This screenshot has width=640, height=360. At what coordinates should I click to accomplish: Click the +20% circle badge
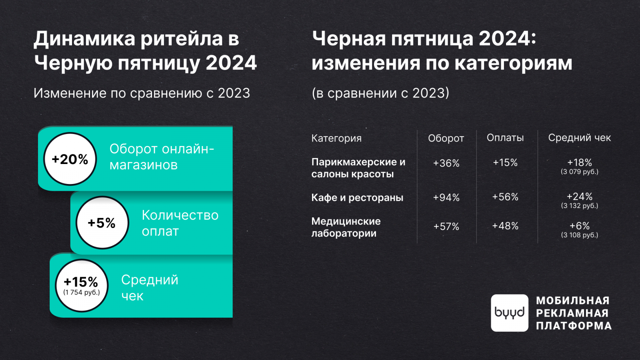click(70, 159)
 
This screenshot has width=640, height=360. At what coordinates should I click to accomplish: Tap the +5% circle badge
click(102, 222)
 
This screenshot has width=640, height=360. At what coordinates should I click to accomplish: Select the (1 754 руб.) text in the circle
click(82, 292)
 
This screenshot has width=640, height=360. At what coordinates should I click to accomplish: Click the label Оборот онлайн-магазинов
click(162, 157)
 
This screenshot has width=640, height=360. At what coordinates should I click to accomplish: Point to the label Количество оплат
click(180, 223)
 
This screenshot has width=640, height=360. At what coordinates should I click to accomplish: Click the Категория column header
click(336, 138)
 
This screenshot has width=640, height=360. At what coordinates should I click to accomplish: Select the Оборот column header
click(446, 138)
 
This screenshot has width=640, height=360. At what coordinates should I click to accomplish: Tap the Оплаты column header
click(505, 138)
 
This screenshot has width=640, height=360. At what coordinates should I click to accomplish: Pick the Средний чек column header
click(580, 138)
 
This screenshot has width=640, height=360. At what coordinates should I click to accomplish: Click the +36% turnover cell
click(446, 163)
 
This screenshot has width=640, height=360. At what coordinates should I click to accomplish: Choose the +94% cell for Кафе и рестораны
click(446, 198)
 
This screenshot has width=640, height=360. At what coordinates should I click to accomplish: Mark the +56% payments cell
click(505, 197)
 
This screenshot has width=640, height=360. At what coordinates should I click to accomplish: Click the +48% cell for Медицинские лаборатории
click(505, 226)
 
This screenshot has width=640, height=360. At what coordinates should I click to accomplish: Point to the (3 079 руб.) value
click(580, 172)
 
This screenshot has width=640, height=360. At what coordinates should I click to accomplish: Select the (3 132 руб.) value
click(580, 206)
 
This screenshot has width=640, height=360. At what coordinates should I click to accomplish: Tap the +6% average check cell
click(580, 226)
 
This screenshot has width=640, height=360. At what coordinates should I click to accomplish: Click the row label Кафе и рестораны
click(357, 198)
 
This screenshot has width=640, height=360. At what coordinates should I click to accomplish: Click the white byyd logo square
click(510, 313)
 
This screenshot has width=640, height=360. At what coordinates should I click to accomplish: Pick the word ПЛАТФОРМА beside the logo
click(574, 326)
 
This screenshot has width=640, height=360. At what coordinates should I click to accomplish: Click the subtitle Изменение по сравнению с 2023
click(142, 93)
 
